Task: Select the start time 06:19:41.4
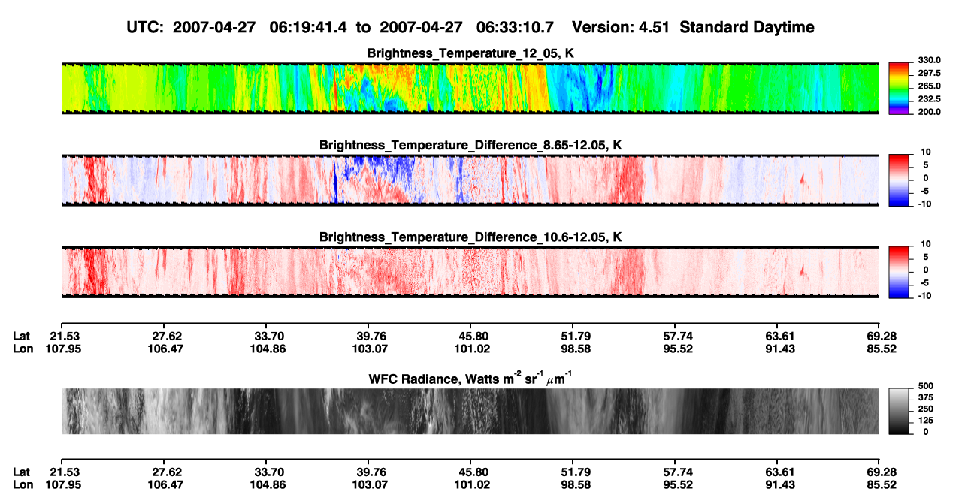(308, 28)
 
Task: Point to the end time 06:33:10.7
(515, 28)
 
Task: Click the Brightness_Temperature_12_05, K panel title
(470, 53)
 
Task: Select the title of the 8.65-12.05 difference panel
(470, 145)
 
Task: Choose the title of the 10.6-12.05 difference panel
(470, 237)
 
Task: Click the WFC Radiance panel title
(470, 379)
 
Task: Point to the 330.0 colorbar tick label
(929, 60)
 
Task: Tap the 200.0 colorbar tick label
(929, 112)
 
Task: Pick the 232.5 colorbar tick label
(929, 99)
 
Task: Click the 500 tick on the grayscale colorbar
(926, 386)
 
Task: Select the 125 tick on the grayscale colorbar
(926, 421)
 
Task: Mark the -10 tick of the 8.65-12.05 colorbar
(925, 204)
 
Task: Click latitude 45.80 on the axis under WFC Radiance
(471, 472)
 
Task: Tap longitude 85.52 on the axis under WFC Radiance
(882, 485)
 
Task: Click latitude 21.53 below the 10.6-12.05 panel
(64, 337)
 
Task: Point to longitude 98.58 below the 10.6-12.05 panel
(576, 349)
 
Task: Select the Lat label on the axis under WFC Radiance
(21, 472)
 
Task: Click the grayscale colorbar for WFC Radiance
(899, 411)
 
